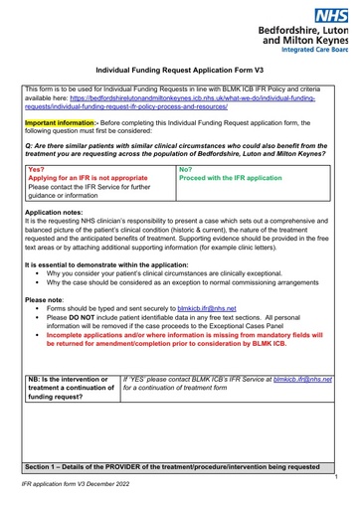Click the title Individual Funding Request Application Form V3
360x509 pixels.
click(x=179, y=72)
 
